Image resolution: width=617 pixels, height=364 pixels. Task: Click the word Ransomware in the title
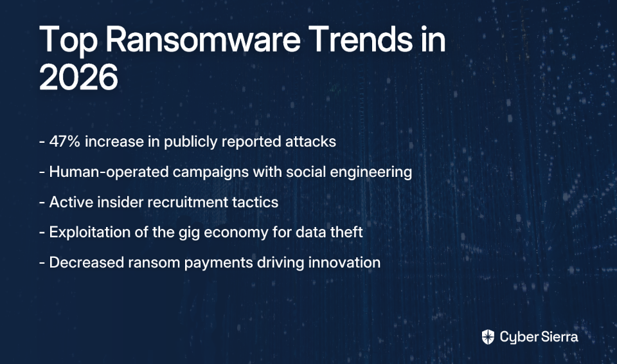[203, 39]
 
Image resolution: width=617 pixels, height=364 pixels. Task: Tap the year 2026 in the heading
[78, 77]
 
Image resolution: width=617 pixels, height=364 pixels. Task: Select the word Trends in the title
[362, 39]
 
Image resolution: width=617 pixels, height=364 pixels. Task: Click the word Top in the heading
[68, 41]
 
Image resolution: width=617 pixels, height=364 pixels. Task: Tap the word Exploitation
[89, 232]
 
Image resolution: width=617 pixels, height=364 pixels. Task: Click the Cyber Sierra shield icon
[488, 337]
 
